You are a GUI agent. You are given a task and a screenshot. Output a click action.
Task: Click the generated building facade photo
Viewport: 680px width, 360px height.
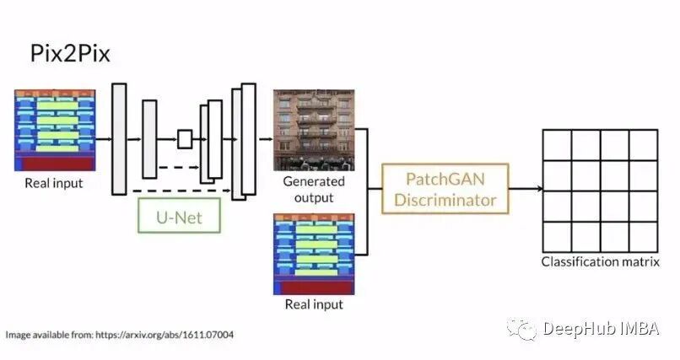314,130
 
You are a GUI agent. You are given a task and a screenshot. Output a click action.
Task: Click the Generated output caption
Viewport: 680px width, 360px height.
313,189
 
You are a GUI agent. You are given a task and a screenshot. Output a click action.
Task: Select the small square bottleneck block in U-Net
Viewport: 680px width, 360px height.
185,139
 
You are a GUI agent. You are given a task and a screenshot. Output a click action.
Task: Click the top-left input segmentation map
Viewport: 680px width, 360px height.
55,130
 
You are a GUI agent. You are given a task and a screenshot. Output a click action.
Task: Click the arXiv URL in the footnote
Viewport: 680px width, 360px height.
168,335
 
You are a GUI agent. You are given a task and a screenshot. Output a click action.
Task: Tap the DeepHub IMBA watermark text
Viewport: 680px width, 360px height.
600,328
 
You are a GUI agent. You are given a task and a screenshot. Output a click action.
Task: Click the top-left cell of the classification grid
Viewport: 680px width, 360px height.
556,145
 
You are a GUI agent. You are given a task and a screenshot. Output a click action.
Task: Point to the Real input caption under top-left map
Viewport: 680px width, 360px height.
54,184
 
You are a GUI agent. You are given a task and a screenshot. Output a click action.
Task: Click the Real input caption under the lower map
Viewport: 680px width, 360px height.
313,304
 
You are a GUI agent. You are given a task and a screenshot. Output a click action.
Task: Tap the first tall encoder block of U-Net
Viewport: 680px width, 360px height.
119,139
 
